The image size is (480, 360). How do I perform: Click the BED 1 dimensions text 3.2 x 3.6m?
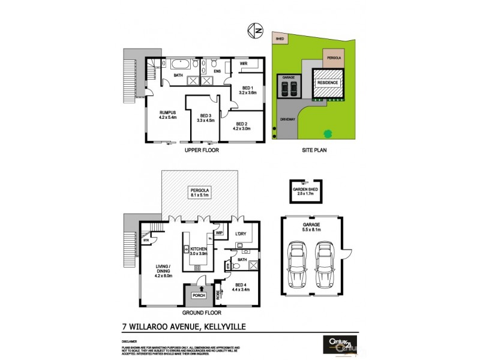(247, 93)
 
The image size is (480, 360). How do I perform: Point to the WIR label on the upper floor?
(244, 63)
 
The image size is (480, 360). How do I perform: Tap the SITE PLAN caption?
(313, 151)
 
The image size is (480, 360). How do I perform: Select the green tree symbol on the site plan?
(328, 133)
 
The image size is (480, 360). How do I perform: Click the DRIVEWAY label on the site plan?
(288, 119)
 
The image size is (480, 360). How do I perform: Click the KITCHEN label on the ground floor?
(199, 250)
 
